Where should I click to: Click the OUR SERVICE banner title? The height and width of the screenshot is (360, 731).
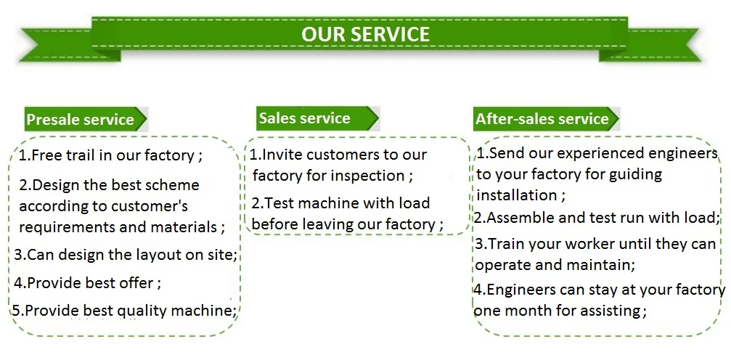tap(365, 34)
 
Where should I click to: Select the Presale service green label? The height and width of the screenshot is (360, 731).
tap(81, 120)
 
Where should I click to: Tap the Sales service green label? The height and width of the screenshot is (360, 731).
tap(304, 118)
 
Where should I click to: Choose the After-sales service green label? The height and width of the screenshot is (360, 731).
tap(542, 119)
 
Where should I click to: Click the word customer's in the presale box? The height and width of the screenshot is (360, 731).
tap(155, 206)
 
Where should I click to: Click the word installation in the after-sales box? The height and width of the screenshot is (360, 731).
tap(517, 195)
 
